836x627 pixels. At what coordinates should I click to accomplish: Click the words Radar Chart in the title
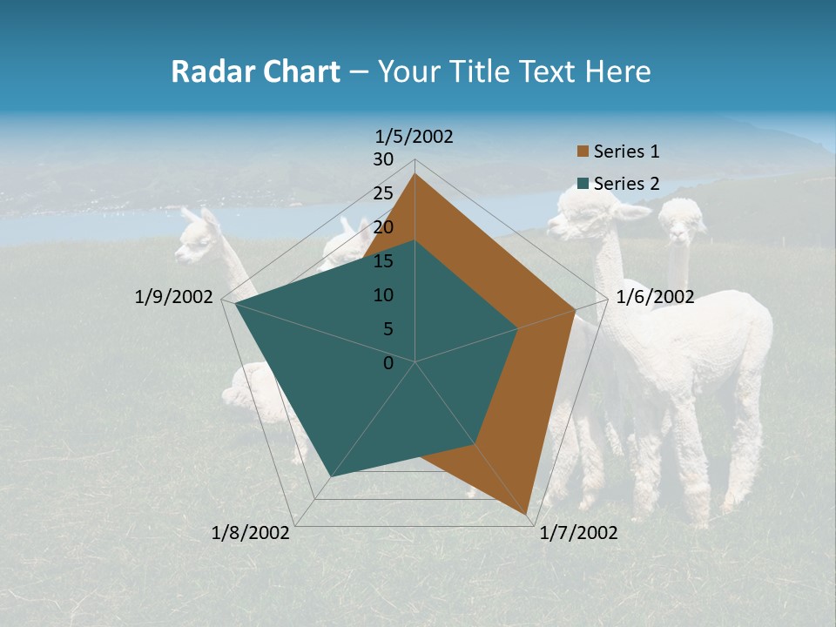click(x=255, y=71)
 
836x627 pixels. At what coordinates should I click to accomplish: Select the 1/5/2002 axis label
click(x=415, y=136)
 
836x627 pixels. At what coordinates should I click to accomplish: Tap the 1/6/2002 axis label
click(x=655, y=297)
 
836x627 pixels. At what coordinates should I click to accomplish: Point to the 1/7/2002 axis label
click(x=578, y=533)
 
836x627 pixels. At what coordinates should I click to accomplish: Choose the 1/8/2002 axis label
click(x=251, y=533)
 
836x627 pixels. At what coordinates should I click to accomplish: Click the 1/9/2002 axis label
click(x=174, y=297)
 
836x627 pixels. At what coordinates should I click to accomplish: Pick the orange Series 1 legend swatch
click(x=583, y=152)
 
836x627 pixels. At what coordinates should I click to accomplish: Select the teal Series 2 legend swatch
click(x=583, y=184)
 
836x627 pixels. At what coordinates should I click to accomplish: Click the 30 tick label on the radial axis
click(x=383, y=159)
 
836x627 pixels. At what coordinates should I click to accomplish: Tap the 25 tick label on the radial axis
click(x=383, y=193)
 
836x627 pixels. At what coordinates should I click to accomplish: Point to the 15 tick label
click(x=383, y=261)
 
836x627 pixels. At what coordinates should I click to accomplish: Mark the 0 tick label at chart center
click(x=388, y=363)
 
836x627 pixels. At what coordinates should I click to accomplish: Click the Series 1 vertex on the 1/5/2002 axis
click(x=415, y=173)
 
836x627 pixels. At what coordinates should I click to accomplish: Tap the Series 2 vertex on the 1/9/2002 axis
click(x=236, y=303)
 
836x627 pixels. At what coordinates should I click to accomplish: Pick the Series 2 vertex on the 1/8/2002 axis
click(x=331, y=476)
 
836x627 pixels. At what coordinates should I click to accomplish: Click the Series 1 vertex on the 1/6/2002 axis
click(x=575, y=309)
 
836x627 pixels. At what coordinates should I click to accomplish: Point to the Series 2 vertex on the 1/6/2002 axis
click(x=518, y=328)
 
